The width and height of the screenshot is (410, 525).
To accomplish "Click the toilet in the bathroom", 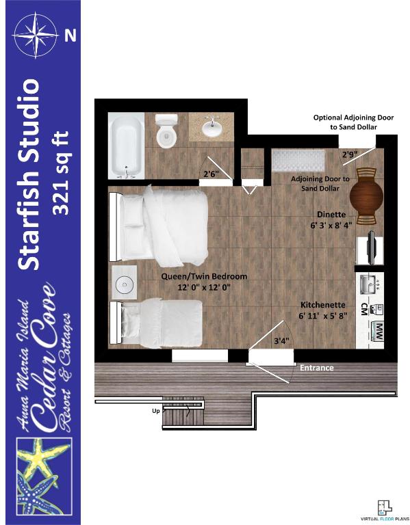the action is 166,131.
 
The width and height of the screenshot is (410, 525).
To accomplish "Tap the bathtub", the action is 127,146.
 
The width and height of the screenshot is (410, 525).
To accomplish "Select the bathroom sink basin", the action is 211,126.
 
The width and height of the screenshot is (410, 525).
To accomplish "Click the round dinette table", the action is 366,196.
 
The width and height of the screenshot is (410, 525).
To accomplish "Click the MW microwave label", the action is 379,332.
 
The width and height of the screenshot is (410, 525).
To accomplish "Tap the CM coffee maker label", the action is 363,310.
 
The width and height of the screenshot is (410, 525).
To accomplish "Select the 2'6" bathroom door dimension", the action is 211,174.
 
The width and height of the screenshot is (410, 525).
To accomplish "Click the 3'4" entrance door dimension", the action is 281,341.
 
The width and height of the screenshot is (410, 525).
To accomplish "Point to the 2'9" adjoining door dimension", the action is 350,154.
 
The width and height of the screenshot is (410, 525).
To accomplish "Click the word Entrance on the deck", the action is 316,368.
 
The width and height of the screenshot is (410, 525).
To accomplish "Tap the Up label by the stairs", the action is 156,410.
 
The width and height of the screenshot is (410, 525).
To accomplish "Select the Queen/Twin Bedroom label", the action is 204,277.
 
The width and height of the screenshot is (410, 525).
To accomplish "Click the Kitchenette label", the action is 323,305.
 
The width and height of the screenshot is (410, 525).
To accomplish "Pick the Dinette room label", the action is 331,214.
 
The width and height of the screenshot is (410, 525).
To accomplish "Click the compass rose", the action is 36,35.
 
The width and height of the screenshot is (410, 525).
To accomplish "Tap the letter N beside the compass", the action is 71,35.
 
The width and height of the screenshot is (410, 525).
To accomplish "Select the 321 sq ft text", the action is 61,173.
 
